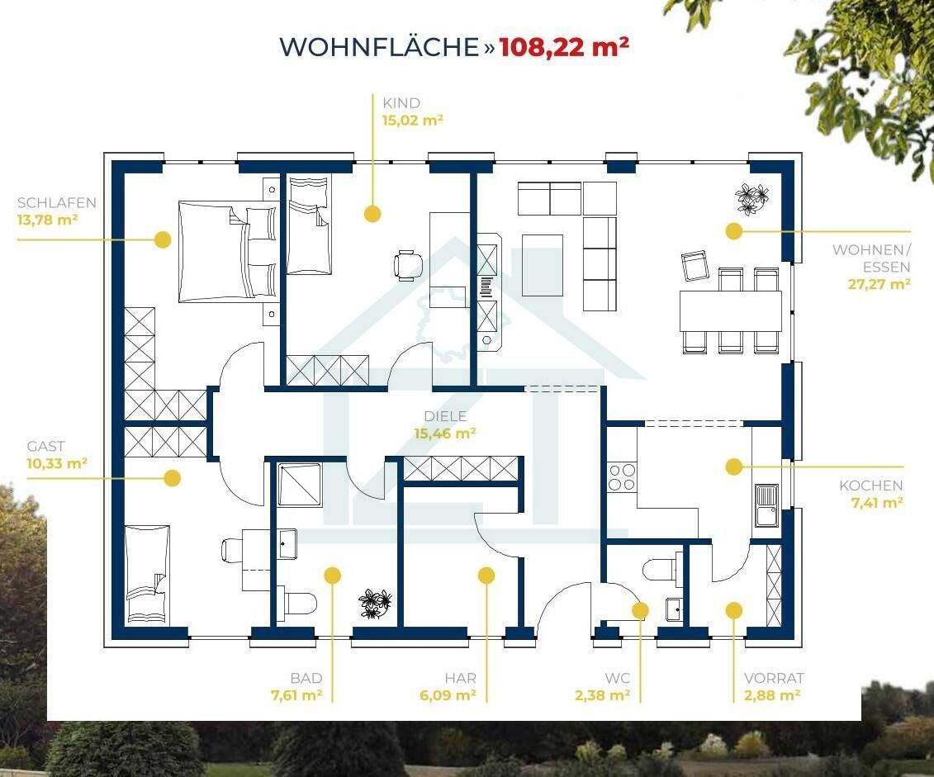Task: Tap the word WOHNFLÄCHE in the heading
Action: [x=379, y=46]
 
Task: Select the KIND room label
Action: [x=401, y=103]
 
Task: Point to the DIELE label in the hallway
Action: [x=444, y=416]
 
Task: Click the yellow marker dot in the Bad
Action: [x=332, y=576]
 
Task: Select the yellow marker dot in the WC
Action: [x=640, y=610]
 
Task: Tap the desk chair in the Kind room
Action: [x=408, y=265]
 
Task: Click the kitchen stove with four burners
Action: [x=622, y=477]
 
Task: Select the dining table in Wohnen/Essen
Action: [x=730, y=310]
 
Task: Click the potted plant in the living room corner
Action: [x=751, y=198]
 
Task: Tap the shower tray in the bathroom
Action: [x=299, y=485]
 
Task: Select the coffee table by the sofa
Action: [x=543, y=265]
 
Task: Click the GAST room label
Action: [x=45, y=447]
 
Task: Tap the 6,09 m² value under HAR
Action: [x=448, y=695]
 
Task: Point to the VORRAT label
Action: [x=774, y=678]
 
